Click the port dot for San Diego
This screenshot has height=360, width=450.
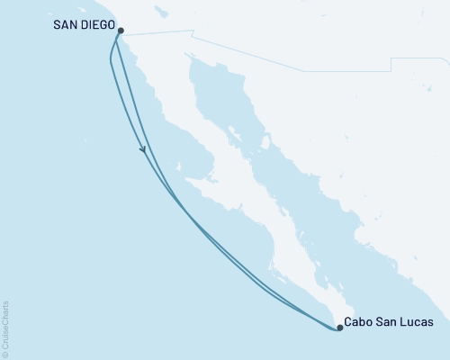coord(121,30)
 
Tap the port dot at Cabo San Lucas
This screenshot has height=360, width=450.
coord(339,328)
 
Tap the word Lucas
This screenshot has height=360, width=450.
coord(420,321)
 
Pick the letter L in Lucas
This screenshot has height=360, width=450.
coord(408,321)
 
